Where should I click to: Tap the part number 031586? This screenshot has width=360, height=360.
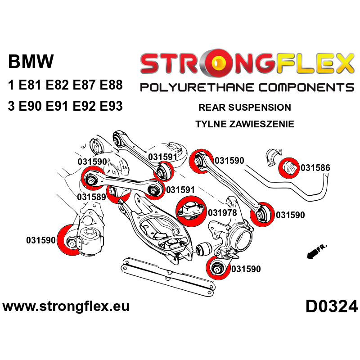pyautogui.click(x=315, y=168)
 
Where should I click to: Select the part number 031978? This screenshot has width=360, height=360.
pyautogui.click(x=223, y=212)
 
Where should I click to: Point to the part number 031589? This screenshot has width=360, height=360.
pyautogui.click(x=91, y=197)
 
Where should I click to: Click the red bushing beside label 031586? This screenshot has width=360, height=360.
pyautogui.click(x=288, y=168)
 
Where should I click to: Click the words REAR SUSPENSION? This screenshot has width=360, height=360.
pyautogui.click(x=244, y=108)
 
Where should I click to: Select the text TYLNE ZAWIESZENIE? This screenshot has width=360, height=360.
pyautogui.click(x=244, y=124)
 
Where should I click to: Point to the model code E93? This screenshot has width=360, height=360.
pyautogui.click(x=108, y=106)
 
